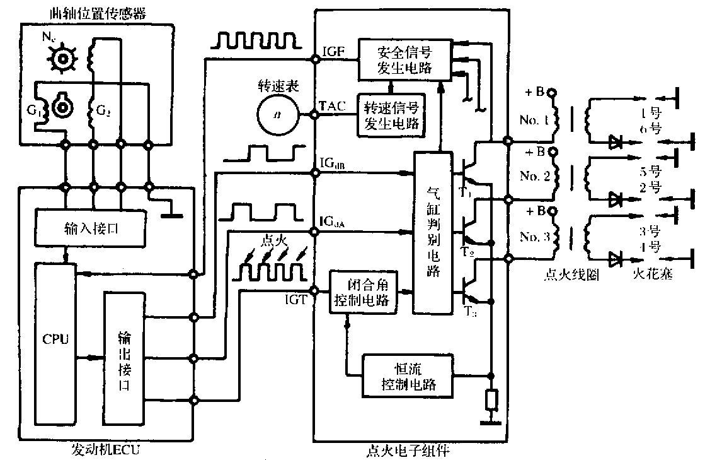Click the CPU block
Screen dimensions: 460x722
55,344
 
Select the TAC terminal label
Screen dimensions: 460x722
332,107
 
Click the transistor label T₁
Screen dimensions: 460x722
464,191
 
